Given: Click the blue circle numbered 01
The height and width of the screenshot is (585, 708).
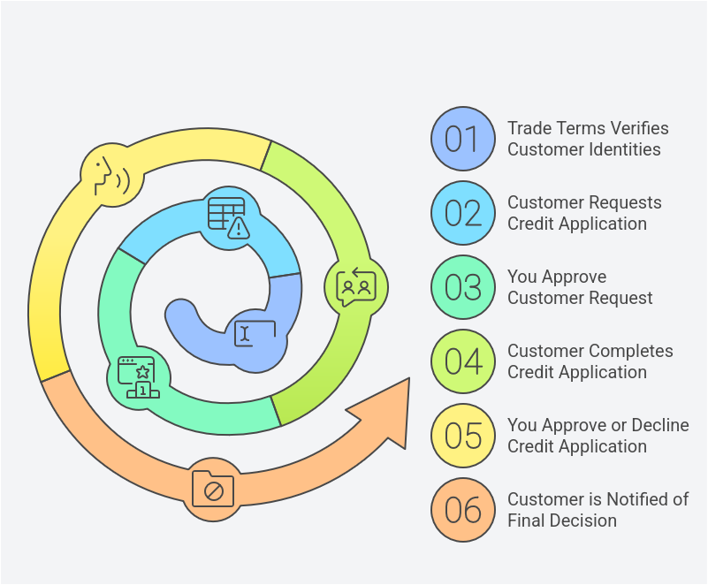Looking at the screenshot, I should [462, 139].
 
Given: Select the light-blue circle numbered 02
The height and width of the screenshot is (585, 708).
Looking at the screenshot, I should [462, 213].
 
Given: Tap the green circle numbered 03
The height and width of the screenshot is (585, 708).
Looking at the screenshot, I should [462, 287].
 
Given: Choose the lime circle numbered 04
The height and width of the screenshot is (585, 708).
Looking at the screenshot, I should [462, 361].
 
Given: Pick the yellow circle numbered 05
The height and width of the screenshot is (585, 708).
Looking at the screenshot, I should [462, 436].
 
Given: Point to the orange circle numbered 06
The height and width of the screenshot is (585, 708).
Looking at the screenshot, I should [462, 510].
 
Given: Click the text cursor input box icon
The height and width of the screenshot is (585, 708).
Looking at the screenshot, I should [255, 333].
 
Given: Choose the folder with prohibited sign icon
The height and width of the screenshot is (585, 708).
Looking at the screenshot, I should [213, 488].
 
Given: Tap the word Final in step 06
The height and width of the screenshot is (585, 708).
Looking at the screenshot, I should [528, 520].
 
